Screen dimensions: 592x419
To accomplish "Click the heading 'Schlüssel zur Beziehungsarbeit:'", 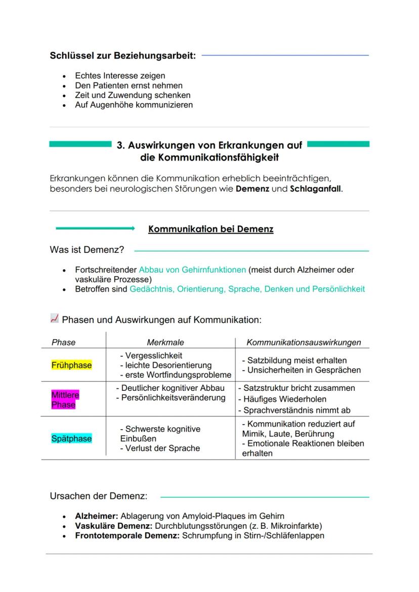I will tap(122, 56).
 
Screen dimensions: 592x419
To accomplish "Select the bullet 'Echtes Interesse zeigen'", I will tap(120, 76).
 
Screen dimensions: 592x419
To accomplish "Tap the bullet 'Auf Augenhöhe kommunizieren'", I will tap(134, 105).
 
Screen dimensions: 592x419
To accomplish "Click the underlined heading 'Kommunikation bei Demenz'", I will tap(211, 229).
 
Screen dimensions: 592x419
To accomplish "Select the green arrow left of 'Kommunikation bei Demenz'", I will tap(95, 229).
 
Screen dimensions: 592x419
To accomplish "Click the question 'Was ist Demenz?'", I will tap(87, 250).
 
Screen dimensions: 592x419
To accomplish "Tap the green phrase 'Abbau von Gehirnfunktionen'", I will tap(192, 270).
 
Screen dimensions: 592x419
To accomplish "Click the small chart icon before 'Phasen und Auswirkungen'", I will tap(54, 318).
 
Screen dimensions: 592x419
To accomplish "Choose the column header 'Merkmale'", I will tap(165, 342).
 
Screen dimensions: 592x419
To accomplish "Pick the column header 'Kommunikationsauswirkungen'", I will tap(304, 342).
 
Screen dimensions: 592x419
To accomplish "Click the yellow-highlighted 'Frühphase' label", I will tap(71, 366).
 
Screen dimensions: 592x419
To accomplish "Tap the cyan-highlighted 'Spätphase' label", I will tap(71, 439).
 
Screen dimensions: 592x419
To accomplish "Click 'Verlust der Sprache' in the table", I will tap(159, 448).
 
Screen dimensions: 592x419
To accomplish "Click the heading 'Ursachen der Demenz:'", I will tap(98, 496).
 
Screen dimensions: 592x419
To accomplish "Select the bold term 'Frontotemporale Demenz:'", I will tap(127, 535).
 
